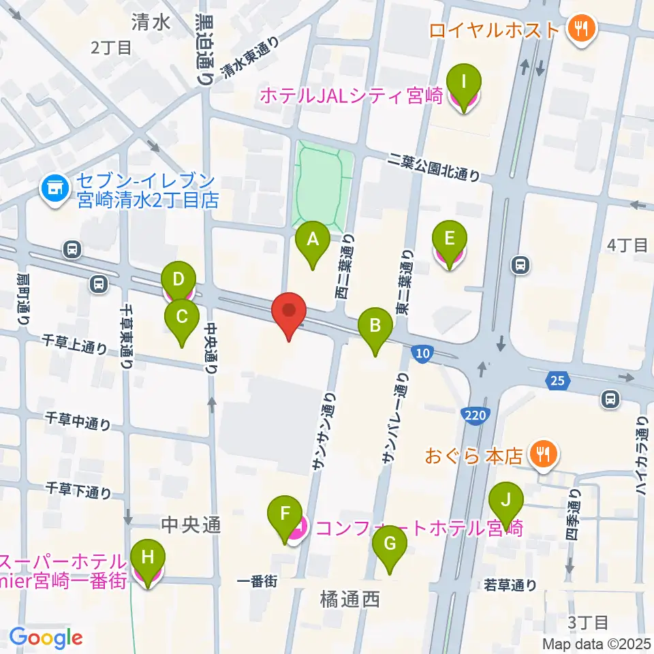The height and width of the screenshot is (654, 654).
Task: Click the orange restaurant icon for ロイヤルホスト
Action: click(x=581, y=29)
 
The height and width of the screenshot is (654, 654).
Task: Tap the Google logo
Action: click(x=46, y=638)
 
